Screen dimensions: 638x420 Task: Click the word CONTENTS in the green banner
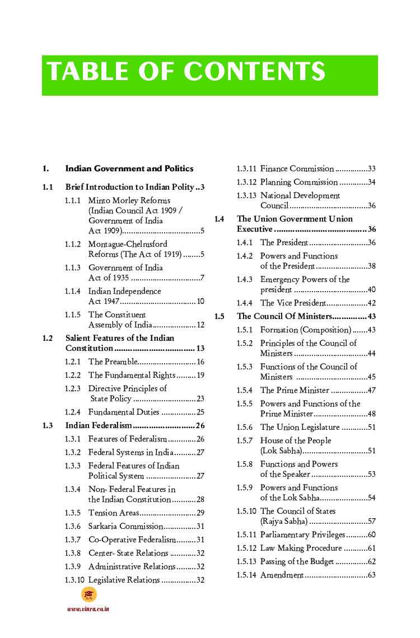[x=254, y=72]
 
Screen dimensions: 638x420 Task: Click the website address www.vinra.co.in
[x=88, y=609]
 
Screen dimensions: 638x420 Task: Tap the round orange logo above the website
[x=88, y=594]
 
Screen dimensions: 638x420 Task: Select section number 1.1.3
[x=72, y=268]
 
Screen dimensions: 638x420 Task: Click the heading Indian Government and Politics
[x=129, y=168]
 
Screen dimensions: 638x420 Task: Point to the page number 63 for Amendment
[x=371, y=575]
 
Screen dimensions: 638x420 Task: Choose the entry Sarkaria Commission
[x=125, y=527]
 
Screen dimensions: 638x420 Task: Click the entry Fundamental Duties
[x=124, y=412]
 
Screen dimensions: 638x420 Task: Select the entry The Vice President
[x=293, y=303]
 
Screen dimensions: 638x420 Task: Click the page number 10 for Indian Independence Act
[x=200, y=302]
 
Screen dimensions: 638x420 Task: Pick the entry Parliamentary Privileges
[x=302, y=535]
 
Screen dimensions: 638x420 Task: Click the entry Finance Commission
[x=297, y=168]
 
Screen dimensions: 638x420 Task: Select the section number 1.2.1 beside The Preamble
[x=72, y=362]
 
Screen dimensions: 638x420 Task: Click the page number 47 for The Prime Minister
[x=371, y=391]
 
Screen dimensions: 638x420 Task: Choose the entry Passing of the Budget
[x=297, y=562]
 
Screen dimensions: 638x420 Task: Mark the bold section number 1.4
[x=220, y=219]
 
